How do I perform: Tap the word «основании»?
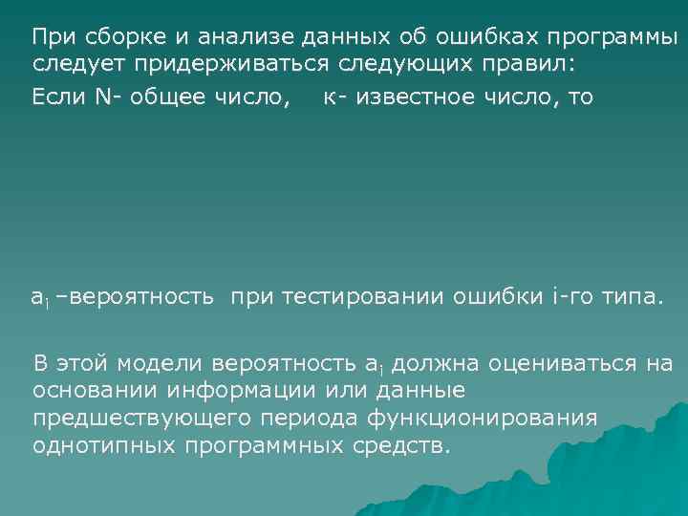tap(92, 391)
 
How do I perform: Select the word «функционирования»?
tap(479, 419)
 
